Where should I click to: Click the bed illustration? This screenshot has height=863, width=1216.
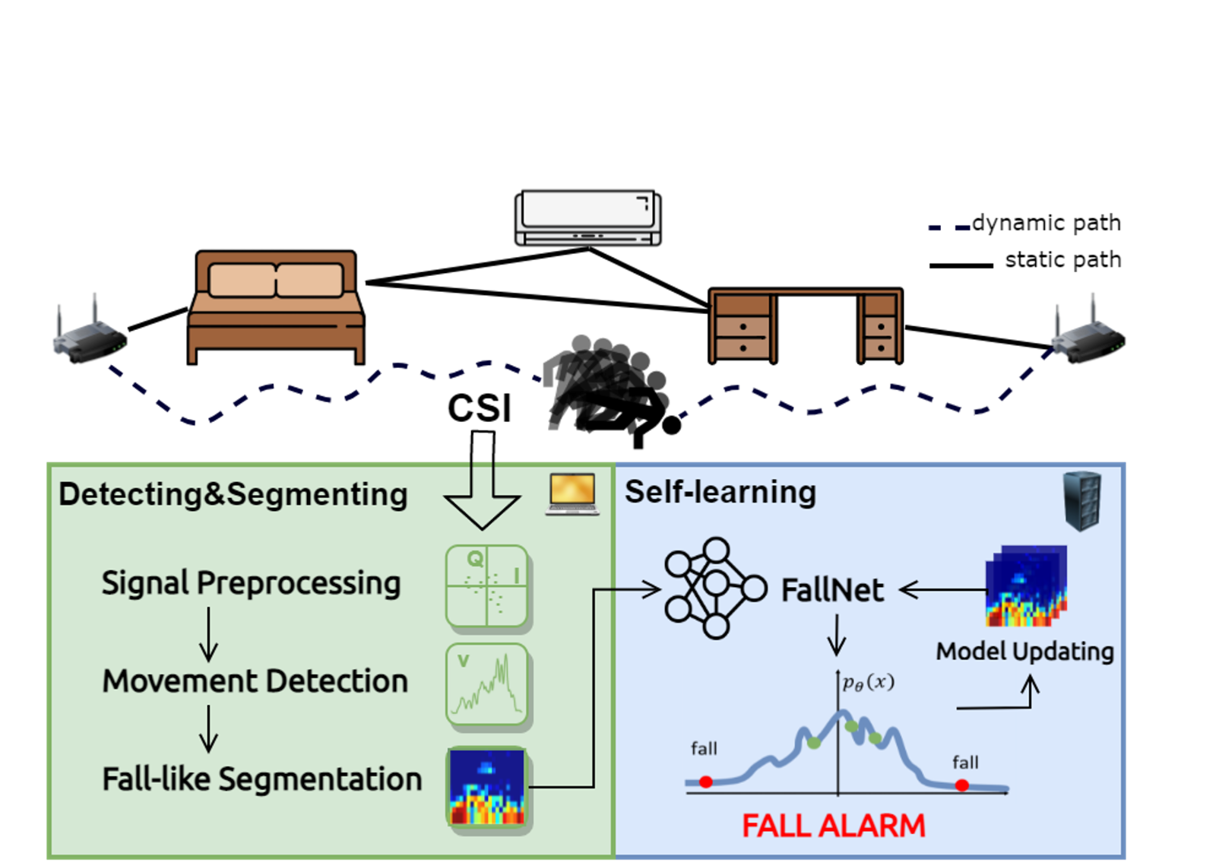coord(275,307)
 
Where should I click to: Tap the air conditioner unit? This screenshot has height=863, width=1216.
coord(587,218)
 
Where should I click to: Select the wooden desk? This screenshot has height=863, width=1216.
coord(806,325)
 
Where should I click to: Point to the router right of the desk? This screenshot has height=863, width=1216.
coord(1087,332)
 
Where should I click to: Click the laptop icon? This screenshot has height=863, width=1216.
coord(572,495)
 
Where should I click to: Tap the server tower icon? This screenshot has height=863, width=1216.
coord(1082,500)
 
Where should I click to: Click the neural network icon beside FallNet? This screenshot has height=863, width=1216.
coord(714,588)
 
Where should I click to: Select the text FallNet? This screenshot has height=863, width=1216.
coord(832,590)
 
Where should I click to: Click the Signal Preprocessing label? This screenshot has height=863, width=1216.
coord(251,583)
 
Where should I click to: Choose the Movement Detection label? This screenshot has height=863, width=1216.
coord(255,681)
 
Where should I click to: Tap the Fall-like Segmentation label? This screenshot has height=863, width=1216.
coord(261,779)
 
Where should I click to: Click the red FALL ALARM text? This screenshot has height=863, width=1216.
coord(834,826)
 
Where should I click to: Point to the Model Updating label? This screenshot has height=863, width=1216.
coord(1024,652)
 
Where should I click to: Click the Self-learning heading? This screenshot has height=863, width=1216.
coord(720,492)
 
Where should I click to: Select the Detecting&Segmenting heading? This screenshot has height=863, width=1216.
coord(233,494)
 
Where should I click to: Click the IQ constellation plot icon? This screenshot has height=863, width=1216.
coord(486,586)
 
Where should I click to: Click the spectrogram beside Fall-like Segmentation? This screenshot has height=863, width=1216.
coord(487,788)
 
